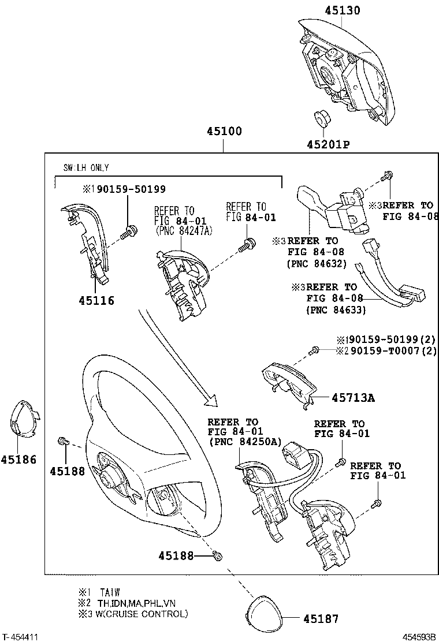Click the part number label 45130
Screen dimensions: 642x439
[x=342, y=10]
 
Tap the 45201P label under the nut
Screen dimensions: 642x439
[x=329, y=144]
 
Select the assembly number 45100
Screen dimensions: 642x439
[x=224, y=131]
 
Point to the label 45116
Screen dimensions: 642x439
[x=96, y=300]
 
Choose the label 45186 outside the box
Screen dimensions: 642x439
[x=18, y=460]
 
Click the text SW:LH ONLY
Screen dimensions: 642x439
[x=86, y=168]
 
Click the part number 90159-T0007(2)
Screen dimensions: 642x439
[x=390, y=350]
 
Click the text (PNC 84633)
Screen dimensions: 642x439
[x=336, y=309]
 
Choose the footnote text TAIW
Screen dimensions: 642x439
[x=110, y=592]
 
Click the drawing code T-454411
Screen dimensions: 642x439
[x=20, y=637]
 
